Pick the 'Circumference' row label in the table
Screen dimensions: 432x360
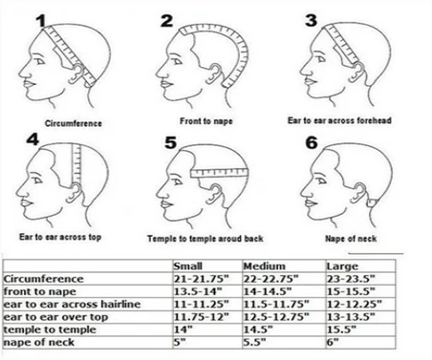click(42, 279)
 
